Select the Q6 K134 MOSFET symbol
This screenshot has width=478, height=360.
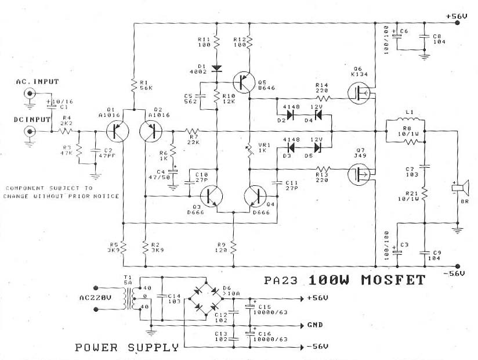click(x=356, y=92)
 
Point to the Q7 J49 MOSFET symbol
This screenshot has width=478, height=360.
click(x=356, y=173)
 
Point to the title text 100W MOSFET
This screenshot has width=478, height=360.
click(x=367, y=280)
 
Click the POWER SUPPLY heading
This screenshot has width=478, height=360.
click(x=126, y=348)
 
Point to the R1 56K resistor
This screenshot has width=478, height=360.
click(x=133, y=84)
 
